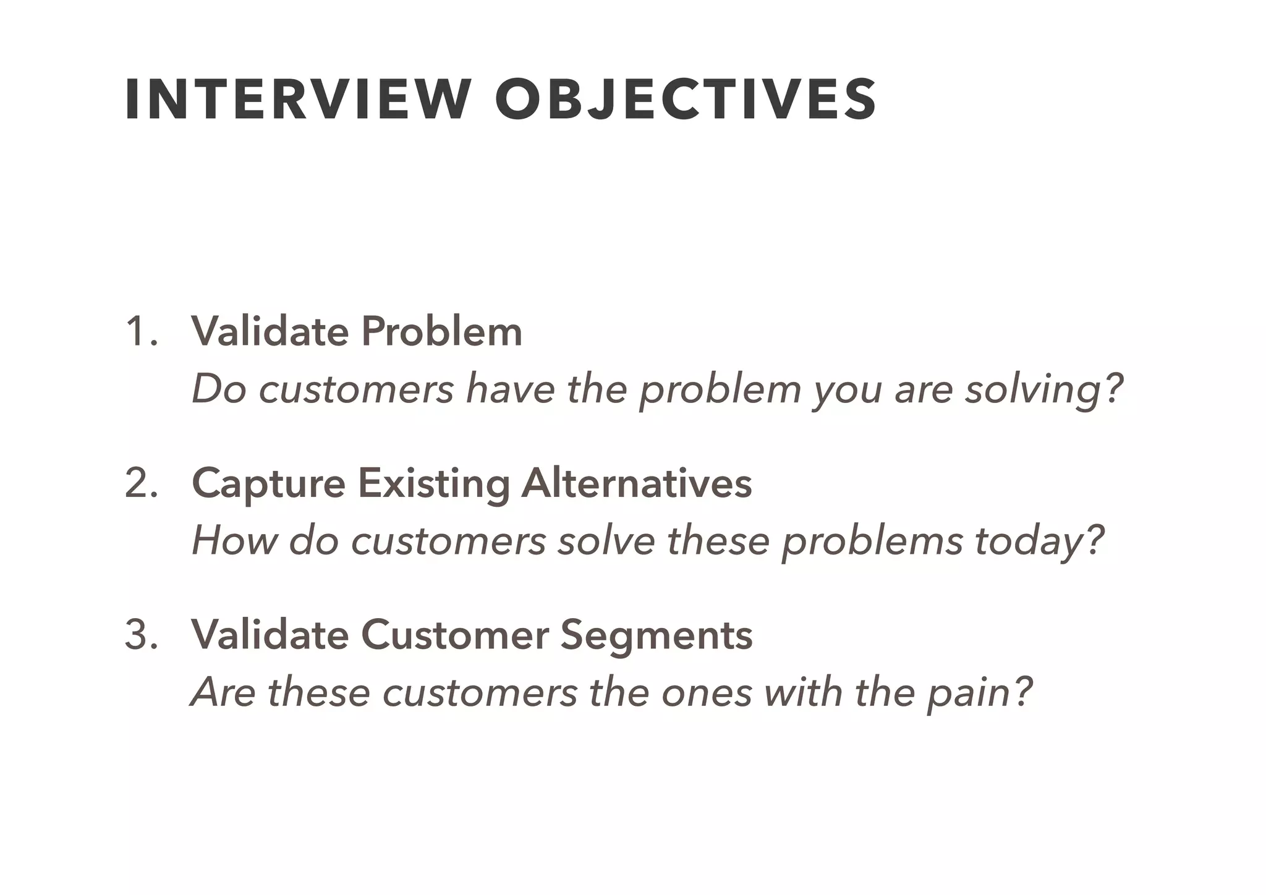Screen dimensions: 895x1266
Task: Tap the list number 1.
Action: point(140,331)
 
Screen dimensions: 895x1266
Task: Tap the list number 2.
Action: point(141,483)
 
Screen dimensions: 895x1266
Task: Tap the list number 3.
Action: point(141,634)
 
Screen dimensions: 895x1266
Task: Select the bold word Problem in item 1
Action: point(441,331)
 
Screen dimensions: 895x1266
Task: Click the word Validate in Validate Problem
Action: point(270,331)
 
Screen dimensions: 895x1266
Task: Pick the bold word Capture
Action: point(268,484)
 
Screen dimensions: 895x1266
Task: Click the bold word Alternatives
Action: point(637,483)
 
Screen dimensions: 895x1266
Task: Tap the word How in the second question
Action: point(234,541)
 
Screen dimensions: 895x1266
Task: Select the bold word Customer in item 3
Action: point(454,635)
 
